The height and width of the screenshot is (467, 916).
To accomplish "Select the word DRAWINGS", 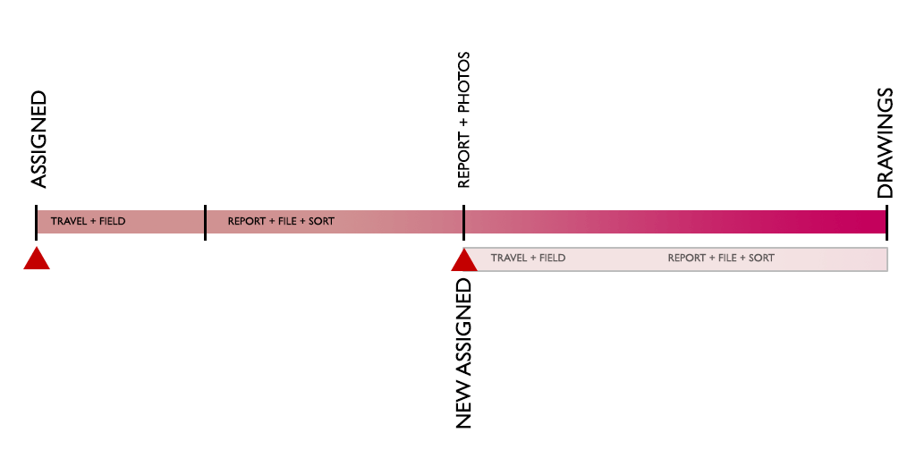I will click(885, 143).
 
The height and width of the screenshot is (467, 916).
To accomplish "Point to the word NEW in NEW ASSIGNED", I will click(463, 406).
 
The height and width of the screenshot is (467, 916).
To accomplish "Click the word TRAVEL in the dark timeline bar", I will click(67, 221).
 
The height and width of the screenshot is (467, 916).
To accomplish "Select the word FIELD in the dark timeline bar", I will click(112, 221).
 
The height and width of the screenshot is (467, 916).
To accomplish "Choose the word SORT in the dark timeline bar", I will click(322, 221).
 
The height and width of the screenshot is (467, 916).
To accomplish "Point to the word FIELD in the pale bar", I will click(552, 258).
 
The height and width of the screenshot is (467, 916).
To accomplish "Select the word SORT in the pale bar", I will click(761, 258).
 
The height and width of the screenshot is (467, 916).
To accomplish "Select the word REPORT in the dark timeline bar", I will click(245, 221).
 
